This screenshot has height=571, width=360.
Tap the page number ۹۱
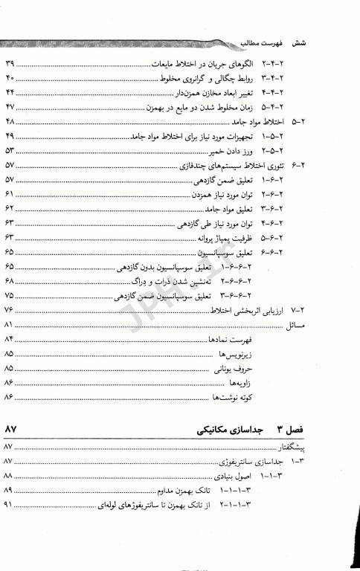point(10,505)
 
